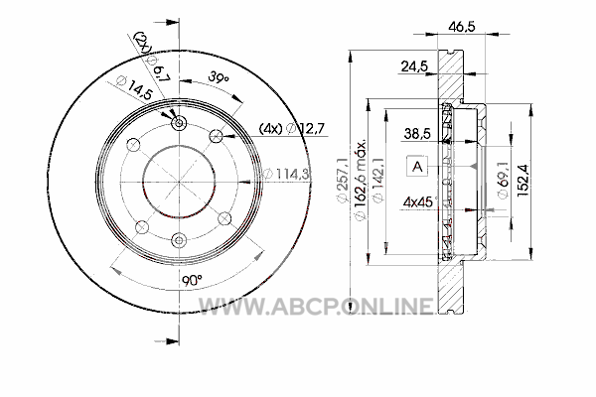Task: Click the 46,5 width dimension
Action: pos(462,27)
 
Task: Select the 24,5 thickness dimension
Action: pos(414,66)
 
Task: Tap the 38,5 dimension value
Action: pos(417,134)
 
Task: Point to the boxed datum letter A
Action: pos(417,167)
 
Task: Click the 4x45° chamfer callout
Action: pos(420,201)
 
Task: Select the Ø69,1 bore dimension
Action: pos(503,179)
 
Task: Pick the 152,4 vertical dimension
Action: pos(522,180)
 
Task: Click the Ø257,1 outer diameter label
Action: pos(344,181)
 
